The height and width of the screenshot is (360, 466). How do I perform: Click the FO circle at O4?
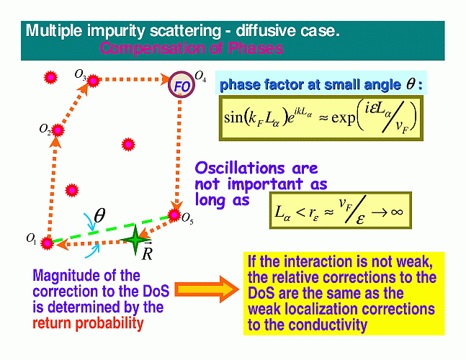181,85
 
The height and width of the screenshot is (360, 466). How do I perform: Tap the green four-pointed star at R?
135,240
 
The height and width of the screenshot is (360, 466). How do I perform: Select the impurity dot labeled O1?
47,243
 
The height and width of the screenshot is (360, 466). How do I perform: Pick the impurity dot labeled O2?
58,130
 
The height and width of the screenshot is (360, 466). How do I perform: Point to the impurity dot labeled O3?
93,80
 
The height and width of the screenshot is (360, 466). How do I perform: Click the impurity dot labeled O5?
174,215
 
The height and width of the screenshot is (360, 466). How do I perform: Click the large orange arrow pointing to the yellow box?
207,289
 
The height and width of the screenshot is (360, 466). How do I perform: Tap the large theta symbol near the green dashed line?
99,215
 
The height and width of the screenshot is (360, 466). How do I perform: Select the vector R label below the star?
147,252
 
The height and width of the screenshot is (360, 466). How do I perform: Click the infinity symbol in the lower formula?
397,212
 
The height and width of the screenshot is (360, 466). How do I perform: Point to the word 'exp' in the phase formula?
343,117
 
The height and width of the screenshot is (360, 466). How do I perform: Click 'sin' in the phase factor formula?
233,117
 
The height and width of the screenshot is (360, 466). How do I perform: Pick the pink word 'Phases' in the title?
255,48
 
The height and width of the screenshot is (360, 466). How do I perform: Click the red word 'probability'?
109,323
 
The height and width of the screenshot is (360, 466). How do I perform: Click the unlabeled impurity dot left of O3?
50,78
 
